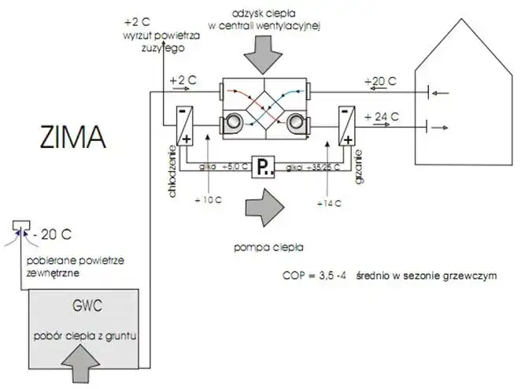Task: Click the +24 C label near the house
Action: [384, 117]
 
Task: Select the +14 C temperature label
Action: [328, 202]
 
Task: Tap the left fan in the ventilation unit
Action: [234, 121]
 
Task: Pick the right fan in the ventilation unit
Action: [297, 121]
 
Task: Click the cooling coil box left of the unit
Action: [185, 126]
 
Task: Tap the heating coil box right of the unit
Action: [347, 126]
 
